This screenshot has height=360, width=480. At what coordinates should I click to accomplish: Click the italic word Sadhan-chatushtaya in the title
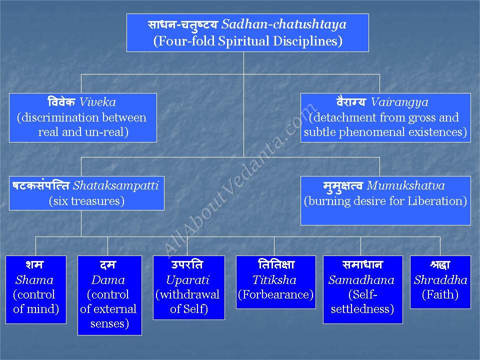[284, 24]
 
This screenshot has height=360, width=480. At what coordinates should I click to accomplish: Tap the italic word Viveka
[97, 102]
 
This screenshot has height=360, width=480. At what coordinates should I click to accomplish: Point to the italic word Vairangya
[399, 102]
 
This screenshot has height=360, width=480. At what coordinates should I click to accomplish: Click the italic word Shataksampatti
[116, 185]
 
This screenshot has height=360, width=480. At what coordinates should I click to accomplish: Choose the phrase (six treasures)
[86, 201]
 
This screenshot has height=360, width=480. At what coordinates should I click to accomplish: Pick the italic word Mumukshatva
[405, 185]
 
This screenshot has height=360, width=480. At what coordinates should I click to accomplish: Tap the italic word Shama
[34, 280]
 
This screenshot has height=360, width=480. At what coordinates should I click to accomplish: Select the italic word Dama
[108, 280]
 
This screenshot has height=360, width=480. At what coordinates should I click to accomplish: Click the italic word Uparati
[187, 280]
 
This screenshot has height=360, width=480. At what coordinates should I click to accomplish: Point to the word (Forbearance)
[276, 294]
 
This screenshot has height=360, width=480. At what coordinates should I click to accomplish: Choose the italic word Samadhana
[361, 280]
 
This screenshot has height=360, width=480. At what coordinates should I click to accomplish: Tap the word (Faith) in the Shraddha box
[440, 294]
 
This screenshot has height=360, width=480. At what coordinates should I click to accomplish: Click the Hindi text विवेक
[61, 101]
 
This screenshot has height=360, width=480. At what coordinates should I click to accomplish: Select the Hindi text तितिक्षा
[276, 264]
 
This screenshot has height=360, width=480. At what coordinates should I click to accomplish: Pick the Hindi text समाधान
[362, 264]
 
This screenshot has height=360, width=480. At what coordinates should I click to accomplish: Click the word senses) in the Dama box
[109, 323]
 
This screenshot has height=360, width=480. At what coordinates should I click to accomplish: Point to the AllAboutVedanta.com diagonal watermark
[241, 180]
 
